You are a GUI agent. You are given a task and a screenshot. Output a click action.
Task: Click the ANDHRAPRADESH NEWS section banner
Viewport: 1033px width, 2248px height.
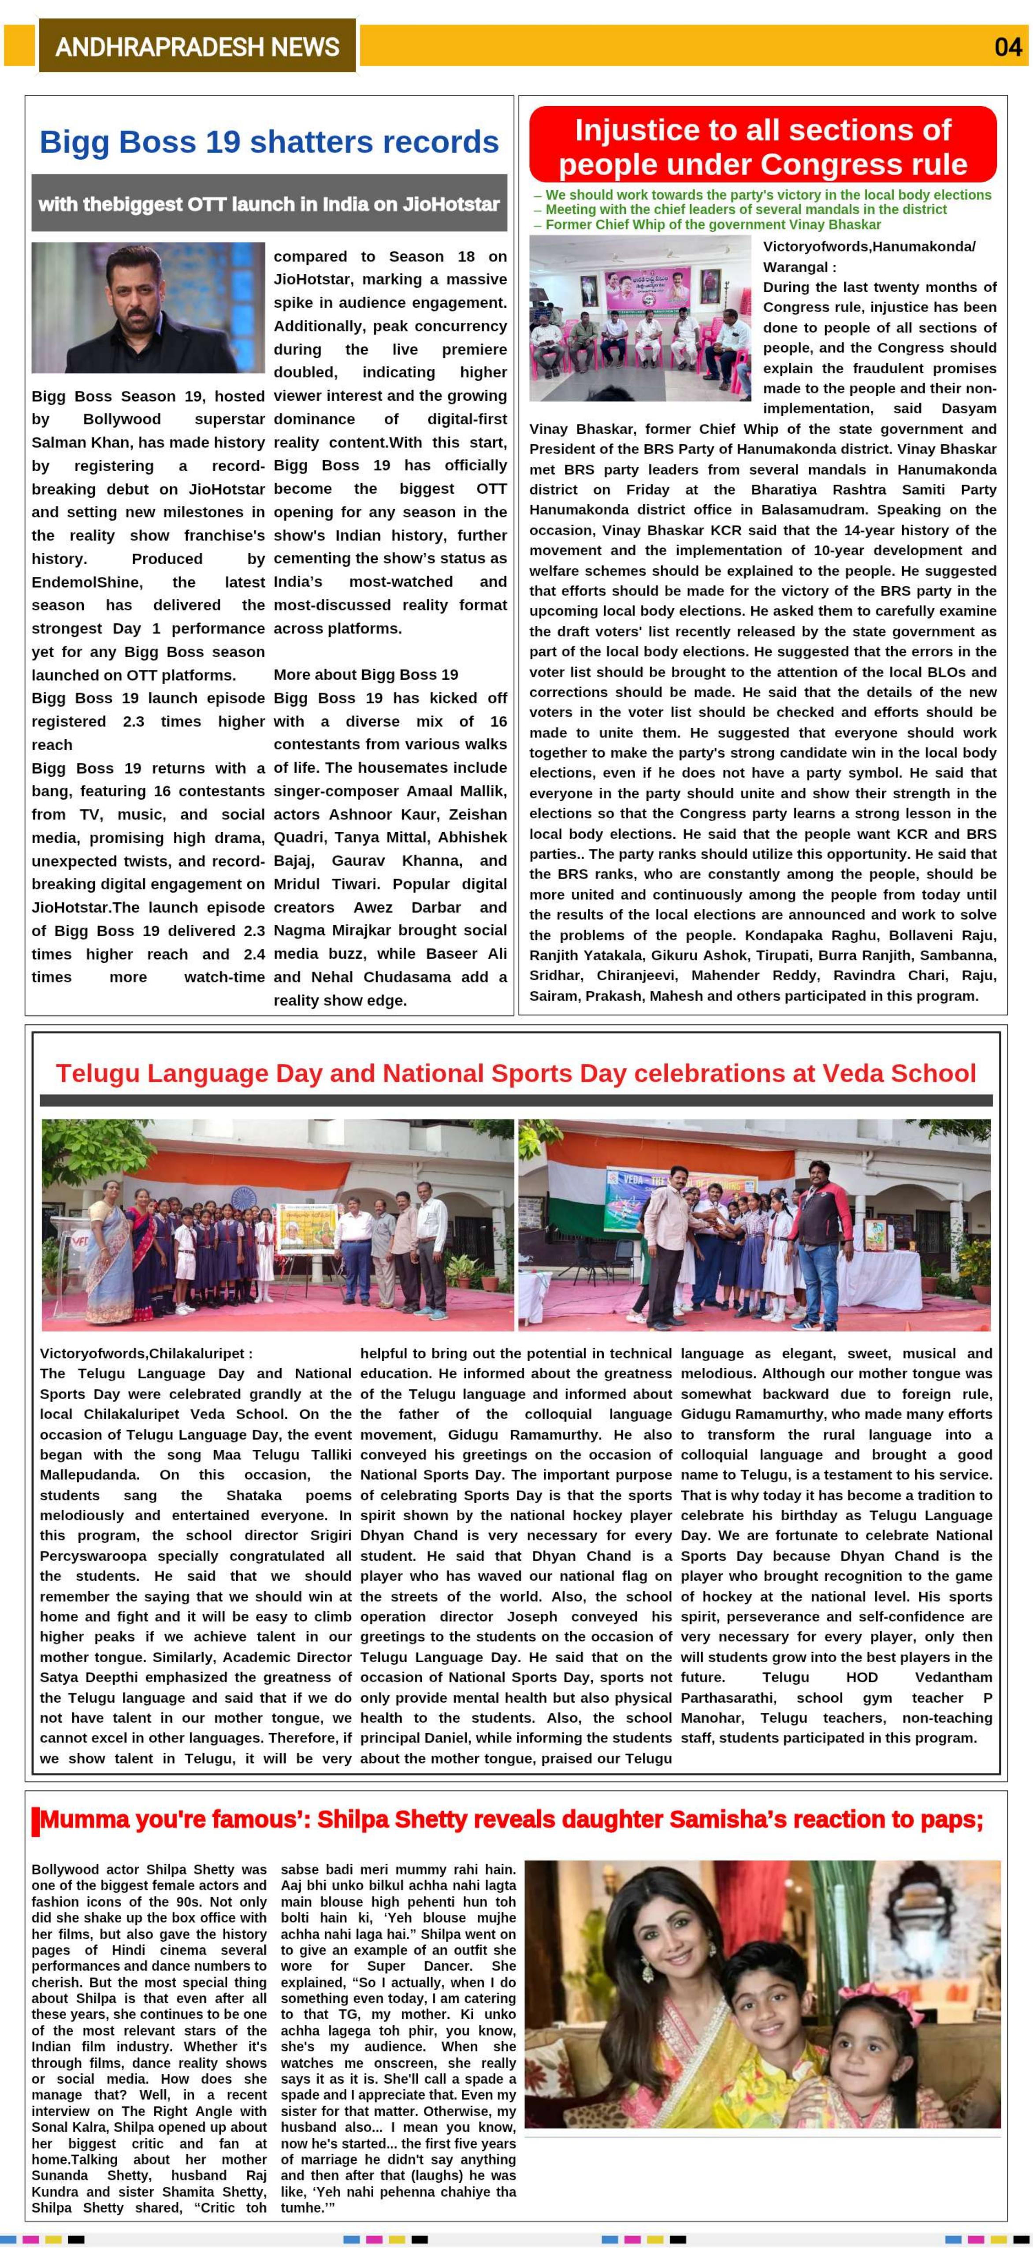pos(197,46)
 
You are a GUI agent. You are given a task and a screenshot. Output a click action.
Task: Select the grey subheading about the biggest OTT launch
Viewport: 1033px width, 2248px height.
pos(269,204)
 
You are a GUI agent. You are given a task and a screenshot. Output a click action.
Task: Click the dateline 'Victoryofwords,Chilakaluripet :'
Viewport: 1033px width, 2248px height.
pos(146,1354)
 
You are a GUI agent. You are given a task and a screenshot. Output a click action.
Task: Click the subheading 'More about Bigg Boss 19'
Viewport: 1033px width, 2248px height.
pos(366,674)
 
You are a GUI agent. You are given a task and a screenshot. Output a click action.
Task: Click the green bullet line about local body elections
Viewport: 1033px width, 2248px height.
pos(768,194)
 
